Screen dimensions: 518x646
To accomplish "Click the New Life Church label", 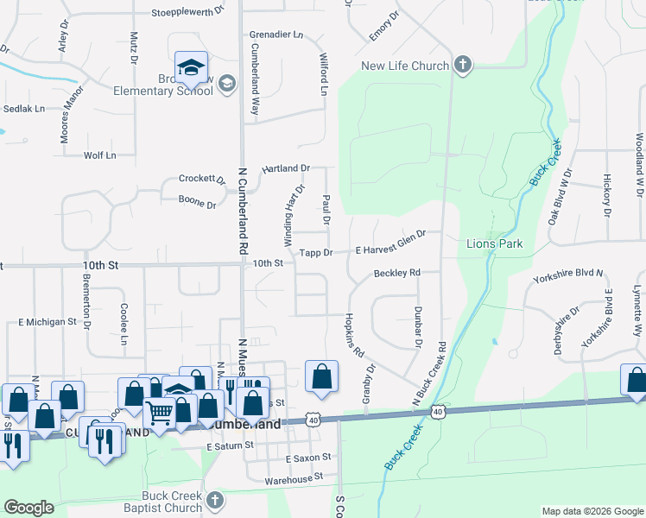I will [405, 66].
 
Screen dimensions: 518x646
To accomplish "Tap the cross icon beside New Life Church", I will [463, 66].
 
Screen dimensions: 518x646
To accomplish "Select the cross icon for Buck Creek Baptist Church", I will [215, 499].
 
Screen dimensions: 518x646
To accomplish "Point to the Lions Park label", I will [495, 244].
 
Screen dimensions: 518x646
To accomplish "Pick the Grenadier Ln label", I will [276, 35].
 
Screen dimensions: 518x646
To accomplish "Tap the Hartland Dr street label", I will [285, 168].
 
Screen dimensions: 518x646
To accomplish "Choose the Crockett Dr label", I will [201, 179].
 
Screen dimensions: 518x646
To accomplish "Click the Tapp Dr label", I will [316, 253].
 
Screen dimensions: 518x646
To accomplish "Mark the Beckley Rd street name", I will [396, 273].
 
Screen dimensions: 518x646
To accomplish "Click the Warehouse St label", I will [294, 476].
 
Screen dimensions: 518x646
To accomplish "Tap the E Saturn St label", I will [231, 445].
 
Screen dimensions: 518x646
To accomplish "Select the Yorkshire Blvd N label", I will [568, 279].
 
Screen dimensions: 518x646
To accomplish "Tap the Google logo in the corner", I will [28, 507].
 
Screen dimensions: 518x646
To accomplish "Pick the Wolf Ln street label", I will [99, 155].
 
